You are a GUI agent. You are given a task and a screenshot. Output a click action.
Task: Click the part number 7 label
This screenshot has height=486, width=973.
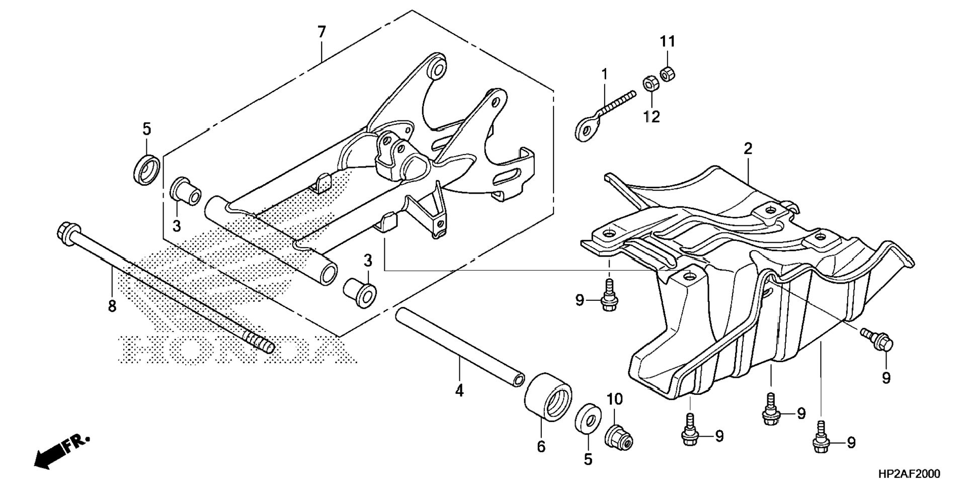321,32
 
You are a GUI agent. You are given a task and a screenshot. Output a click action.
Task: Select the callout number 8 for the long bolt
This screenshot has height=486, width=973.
112,305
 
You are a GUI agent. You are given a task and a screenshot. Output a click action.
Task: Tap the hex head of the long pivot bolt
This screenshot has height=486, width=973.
66,232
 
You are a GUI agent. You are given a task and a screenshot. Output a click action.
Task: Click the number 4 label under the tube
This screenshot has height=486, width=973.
459,390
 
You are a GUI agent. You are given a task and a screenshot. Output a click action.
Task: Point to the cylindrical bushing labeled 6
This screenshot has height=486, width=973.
548,396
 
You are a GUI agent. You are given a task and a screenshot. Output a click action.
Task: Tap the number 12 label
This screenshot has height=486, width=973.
652,117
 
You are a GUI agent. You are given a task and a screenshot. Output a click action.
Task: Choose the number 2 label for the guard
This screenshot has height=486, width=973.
748,149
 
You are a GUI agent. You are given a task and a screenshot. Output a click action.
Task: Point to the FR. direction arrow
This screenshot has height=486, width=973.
60,452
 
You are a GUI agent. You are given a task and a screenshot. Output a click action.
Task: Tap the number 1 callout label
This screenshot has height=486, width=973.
604,74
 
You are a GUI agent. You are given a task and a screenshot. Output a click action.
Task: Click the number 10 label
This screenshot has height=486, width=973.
614,399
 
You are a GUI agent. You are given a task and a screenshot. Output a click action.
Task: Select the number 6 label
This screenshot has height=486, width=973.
541,446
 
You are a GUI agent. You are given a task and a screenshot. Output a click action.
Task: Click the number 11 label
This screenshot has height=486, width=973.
667,41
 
